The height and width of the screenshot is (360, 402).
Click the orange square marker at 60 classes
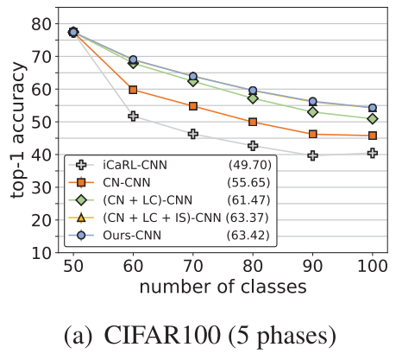pos(133,90)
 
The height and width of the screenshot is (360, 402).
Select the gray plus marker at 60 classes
pos(133,116)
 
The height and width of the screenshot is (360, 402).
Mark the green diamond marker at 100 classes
pos(372,119)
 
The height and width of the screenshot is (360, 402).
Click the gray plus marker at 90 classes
pos(312,155)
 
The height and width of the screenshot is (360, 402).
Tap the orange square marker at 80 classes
pos(253,123)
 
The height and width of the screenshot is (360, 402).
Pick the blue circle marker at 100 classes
pos(372,108)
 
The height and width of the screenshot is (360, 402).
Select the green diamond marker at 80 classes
pos(253,98)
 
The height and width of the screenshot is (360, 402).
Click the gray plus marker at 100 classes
pos(372,153)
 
